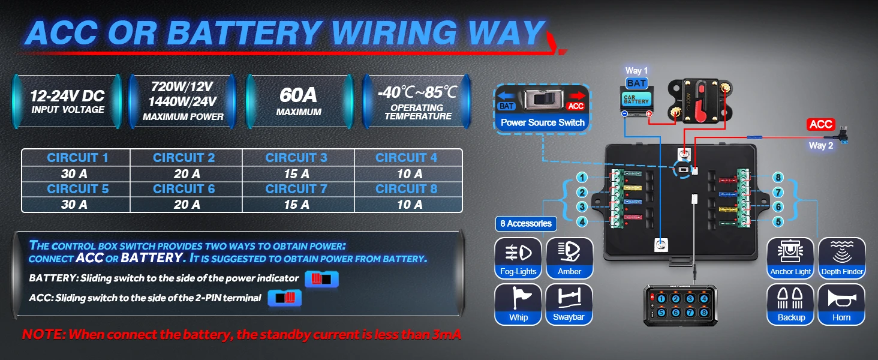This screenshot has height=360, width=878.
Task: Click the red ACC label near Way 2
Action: [x=820, y=124]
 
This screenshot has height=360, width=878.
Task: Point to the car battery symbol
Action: [x=636, y=100]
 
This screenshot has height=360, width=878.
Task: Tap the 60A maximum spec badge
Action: [x=299, y=101]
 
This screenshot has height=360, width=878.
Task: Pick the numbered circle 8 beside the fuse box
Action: [x=778, y=178]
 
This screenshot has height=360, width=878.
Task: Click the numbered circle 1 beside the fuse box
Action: [x=581, y=178]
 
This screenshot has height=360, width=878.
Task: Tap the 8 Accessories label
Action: [x=525, y=224]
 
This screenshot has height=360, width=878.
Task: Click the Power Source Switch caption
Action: [x=542, y=122]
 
